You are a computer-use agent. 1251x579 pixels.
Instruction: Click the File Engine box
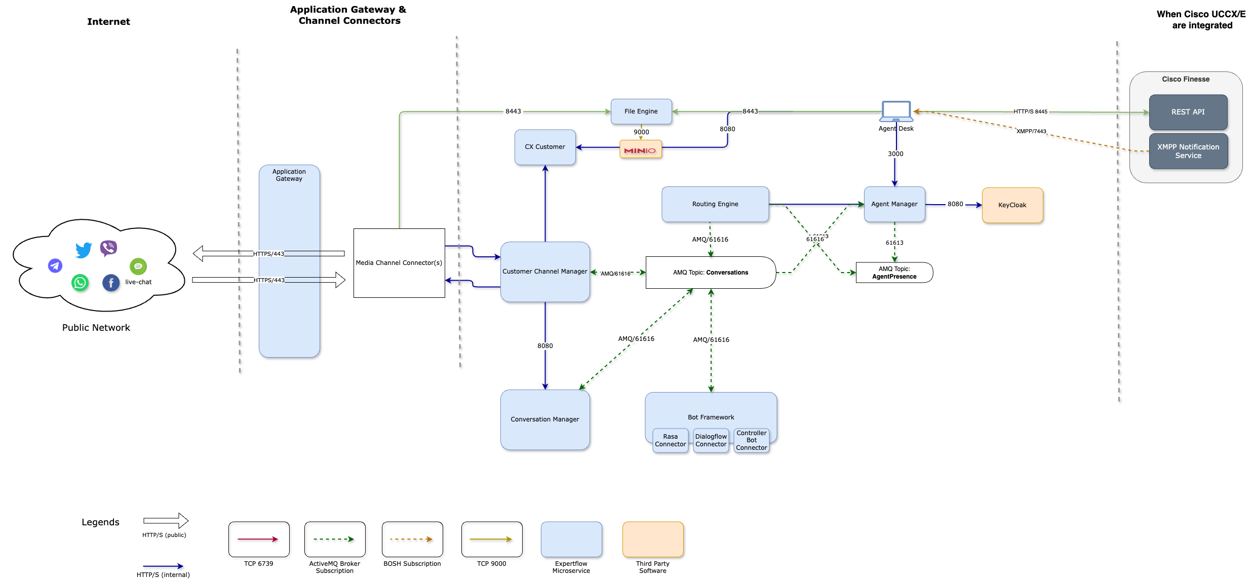[641, 111]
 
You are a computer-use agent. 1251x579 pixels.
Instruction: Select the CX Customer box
[545, 147]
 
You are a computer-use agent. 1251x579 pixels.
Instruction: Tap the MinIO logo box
[640, 150]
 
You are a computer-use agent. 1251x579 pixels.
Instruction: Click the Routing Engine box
[715, 204]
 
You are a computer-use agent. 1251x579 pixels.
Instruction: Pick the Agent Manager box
[894, 204]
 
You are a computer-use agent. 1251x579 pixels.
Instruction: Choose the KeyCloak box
[1012, 205]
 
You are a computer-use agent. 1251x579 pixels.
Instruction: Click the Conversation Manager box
[545, 419]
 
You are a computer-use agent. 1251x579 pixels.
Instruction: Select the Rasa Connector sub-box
[670, 440]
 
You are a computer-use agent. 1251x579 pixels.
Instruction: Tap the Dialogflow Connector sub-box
[711, 440]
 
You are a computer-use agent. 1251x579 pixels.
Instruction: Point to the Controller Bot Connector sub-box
[752, 440]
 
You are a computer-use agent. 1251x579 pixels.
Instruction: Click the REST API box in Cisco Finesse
[1188, 112]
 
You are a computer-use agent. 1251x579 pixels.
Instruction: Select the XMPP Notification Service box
[1188, 151]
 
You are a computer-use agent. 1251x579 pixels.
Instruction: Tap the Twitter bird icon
[84, 250]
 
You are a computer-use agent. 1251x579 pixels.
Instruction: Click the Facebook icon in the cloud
[111, 283]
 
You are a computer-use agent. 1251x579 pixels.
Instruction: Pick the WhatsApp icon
[80, 283]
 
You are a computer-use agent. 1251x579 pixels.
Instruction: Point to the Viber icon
[108, 248]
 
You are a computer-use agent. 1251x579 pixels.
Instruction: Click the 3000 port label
[895, 154]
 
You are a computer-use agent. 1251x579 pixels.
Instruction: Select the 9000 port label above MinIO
[641, 132]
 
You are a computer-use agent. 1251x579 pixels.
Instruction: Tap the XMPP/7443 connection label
[1031, 131]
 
